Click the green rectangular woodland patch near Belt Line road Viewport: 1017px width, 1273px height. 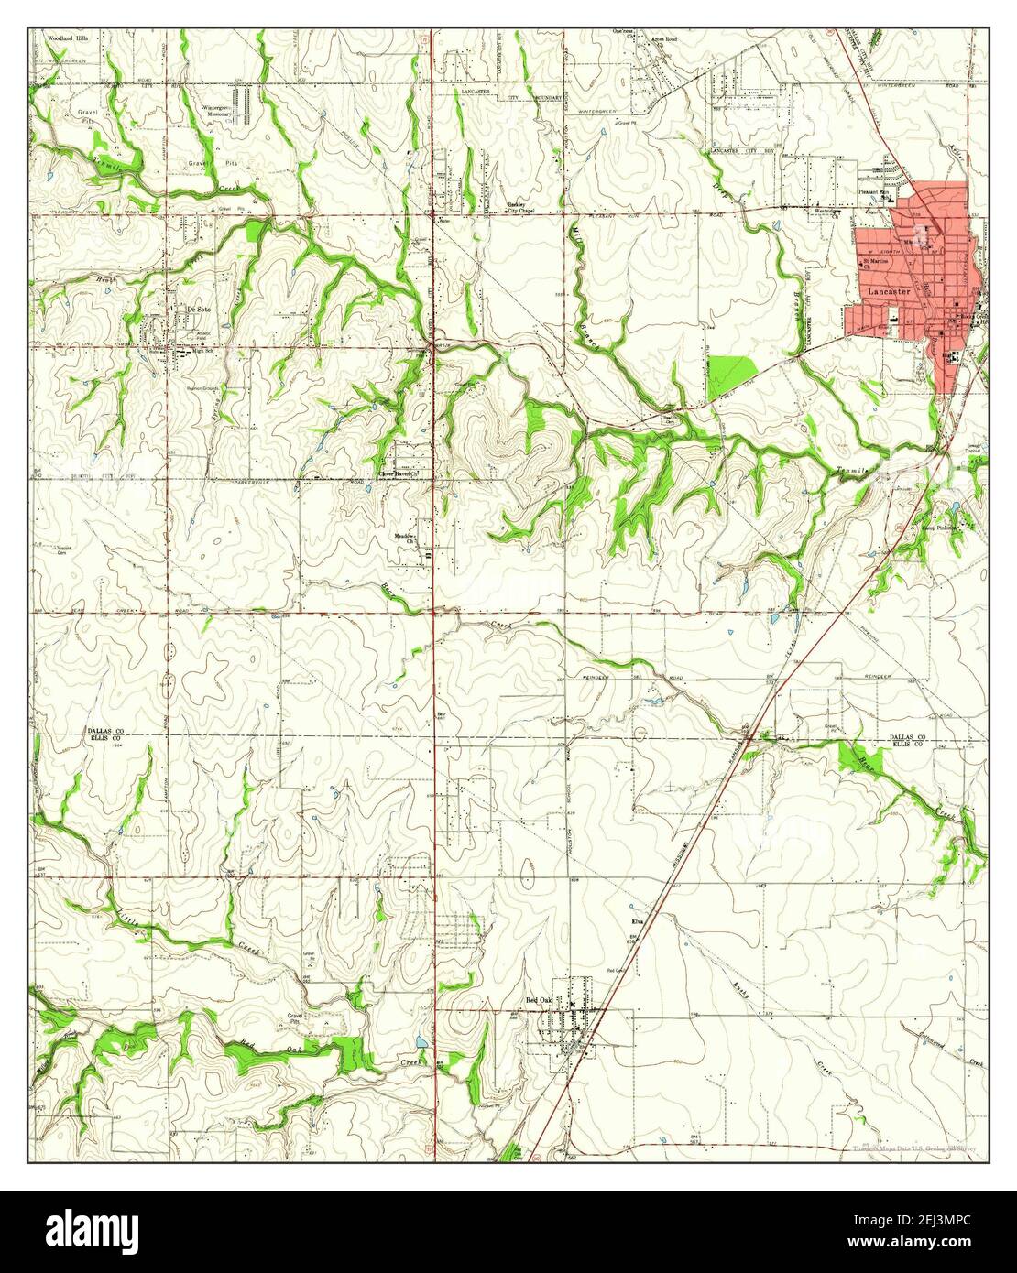click(732, 377)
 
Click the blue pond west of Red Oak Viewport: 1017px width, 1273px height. click(421, 1042)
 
